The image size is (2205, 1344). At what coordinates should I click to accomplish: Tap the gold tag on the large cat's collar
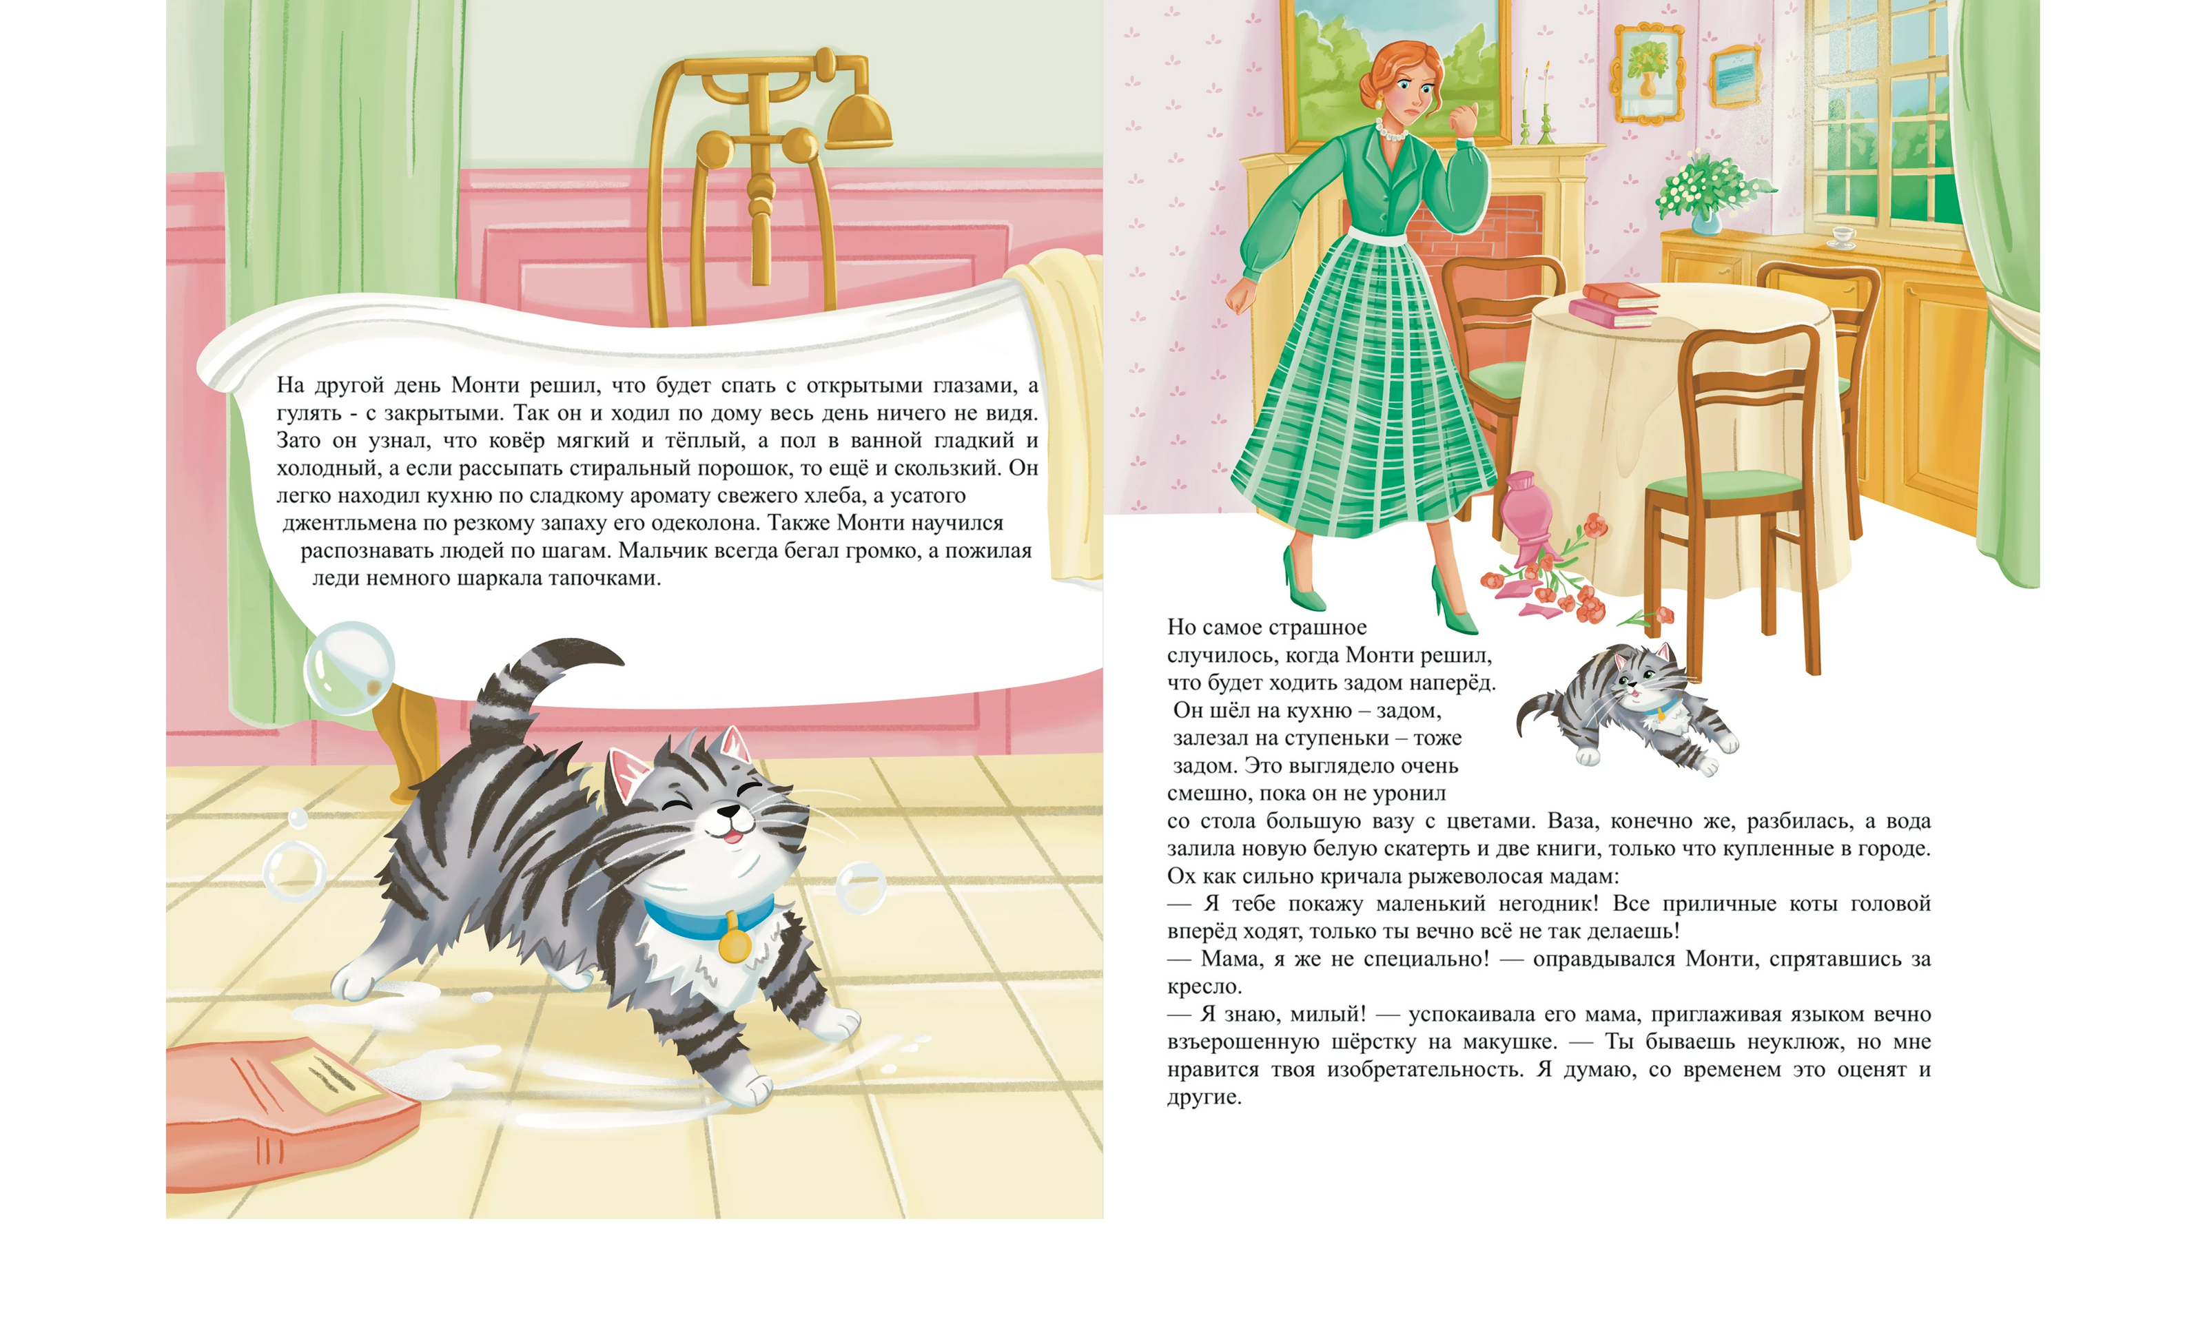pos(733,943)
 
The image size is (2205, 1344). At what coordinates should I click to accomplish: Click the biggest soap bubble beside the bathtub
pos(349,668)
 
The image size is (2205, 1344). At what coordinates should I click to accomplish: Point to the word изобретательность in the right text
pos(1426,1069)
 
